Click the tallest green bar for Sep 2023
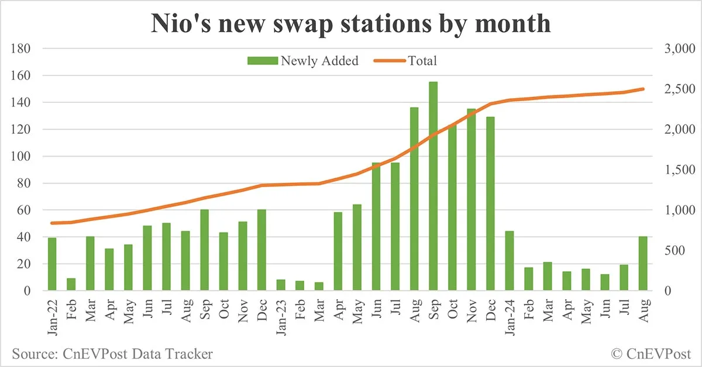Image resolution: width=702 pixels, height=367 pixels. coord(433,186)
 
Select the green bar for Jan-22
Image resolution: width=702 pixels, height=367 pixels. coord(52,264)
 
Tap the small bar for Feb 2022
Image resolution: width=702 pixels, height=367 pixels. coord(71,284)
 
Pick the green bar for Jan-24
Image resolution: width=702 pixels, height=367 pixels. coord(509,261)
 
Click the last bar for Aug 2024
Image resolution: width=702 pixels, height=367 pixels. coord(642,264)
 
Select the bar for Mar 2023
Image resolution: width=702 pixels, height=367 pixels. coord(319,286)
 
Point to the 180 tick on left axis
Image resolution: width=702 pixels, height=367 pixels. coord(21,49)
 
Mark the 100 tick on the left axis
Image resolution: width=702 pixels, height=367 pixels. coord(21,157)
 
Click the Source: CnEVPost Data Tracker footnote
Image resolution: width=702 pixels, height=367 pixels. coord(112,354)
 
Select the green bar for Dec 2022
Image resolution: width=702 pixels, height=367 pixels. coord(261,250)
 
